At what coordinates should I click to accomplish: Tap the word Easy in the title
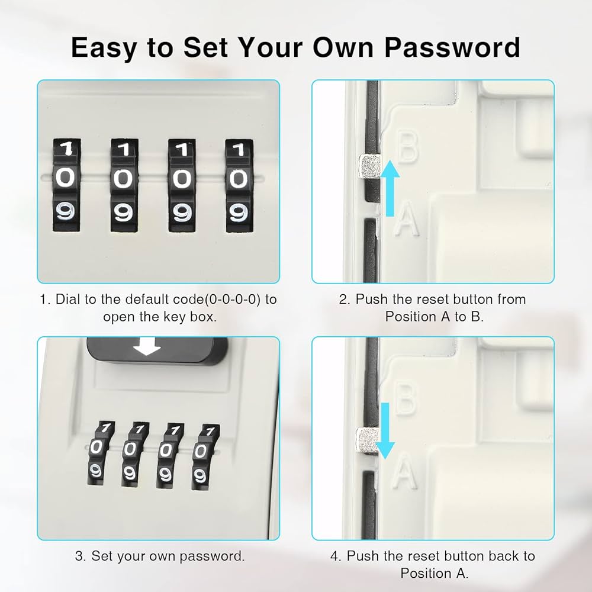coord(105,47)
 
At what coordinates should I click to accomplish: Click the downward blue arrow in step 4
coord(385,430)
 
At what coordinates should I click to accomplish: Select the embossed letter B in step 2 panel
coord(407,147)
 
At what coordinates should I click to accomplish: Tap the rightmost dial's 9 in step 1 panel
coord(237,213)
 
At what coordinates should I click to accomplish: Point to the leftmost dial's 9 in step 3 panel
coord(95,471)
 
